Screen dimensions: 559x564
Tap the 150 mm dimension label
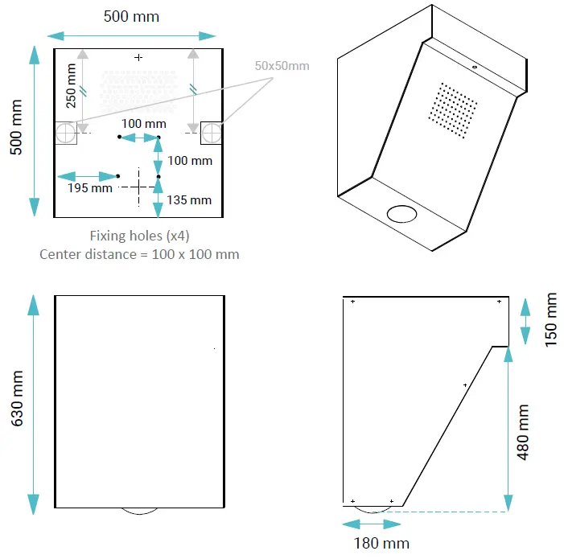(551, 320)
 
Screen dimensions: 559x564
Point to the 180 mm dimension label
(381, 543)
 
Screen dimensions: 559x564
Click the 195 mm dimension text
(89, 188)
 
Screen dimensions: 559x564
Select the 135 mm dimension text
(189, 199)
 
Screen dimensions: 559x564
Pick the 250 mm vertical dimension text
(72, 87)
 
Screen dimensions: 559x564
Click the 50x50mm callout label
(282, 65)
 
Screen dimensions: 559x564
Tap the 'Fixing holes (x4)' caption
(139, 236)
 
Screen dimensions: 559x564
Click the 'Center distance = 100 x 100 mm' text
(139, 253)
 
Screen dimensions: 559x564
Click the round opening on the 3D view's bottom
(402, 213)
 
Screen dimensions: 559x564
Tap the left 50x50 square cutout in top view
(65, 133)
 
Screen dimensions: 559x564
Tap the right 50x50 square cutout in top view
(211, 133)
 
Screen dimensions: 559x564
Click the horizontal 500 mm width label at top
(131, 16)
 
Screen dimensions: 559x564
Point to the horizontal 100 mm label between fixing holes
(144, 123)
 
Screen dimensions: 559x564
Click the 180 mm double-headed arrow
(372, 524)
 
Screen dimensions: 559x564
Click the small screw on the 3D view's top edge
(475, 67)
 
